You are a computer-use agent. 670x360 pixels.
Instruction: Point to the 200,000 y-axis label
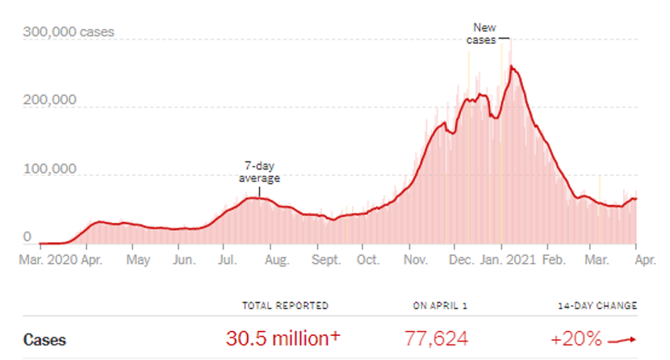point(49,101)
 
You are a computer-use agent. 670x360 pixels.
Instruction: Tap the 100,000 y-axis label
point(49,170)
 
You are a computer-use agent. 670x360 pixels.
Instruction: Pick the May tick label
point(140,261)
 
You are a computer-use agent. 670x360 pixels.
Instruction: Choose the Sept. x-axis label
point(327,261)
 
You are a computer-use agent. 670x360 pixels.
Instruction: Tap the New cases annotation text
point(484,33)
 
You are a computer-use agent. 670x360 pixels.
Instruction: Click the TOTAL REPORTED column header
point(286,306)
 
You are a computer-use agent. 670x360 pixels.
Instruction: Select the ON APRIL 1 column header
point(440,306)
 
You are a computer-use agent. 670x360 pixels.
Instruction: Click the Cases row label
point(44,340)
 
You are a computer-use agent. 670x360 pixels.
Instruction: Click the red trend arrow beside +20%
point(624,340)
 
